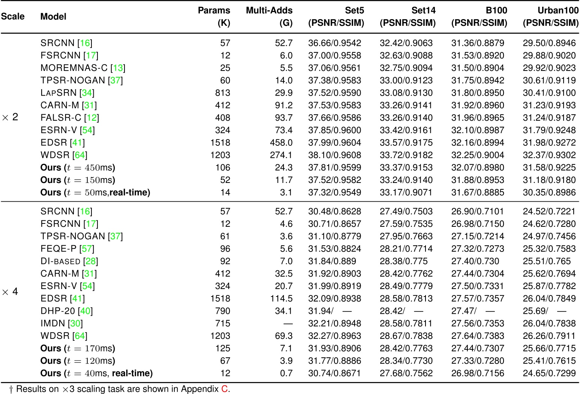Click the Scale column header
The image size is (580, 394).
[x=13, y=16]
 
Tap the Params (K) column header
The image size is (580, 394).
[x=214, y=16]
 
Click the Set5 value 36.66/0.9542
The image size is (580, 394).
[x=334, y=43]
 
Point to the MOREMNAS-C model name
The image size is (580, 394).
[x=74, y=68]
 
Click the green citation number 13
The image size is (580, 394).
[x=118, y=68]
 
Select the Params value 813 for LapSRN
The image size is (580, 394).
[x=222, y=93]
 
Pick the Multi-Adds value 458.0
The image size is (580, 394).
[x=281, y=143]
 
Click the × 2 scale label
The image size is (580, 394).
[x=10, y=117]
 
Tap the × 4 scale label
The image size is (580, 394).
[x=10, y=292]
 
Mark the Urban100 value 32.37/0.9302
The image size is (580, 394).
[x=549, y=155]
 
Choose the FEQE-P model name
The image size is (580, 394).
[x=58, y=249]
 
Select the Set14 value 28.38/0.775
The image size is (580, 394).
[x=403, y=261]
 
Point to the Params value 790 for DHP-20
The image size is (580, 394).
[x=222, y=311]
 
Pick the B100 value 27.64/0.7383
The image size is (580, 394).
[x=478, y=336]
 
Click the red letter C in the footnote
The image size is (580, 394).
[x=224, y=389]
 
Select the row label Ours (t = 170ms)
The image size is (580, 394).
[x=78, y=348]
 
